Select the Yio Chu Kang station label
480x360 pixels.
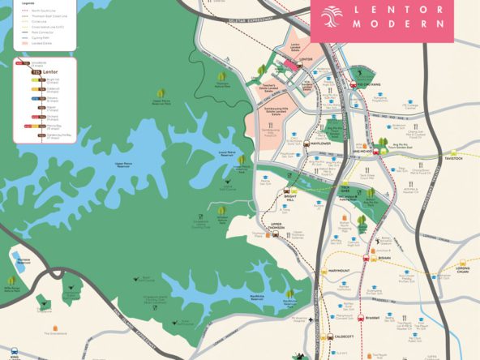pyautogui.click(x=369, y=84)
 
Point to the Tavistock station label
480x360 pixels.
pyautogui.click(x=452, y=159)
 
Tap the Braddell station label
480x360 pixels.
pyautogui.click(x=373, y=318)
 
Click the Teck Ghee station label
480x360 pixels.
pyautogui.click(x=345, y=188)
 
